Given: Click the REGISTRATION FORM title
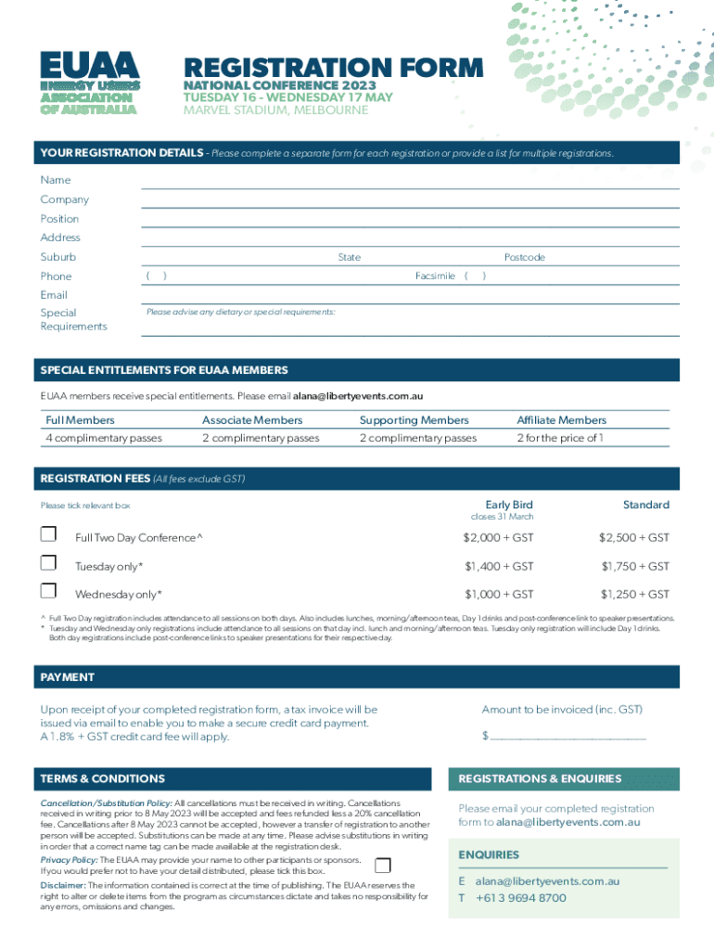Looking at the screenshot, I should pos(333,68).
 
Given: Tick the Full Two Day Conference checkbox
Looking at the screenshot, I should pos(48,534).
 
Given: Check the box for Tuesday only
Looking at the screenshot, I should pos(48,563).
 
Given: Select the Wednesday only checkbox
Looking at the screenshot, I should pos(48,591).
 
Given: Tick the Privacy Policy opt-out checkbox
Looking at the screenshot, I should pos(382,866).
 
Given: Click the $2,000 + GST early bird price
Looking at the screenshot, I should pos(498,538).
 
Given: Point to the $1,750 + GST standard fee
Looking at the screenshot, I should pos(634,566).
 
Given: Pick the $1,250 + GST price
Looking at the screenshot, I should pos(634,595).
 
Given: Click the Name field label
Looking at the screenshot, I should pos(56,180).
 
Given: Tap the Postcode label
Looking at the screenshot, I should pos(524,257).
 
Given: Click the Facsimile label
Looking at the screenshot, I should pos(435,276).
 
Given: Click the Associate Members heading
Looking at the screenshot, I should pos(252,420).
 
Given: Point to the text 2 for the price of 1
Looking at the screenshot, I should pos(560,438).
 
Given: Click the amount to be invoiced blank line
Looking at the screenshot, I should pos(567,737).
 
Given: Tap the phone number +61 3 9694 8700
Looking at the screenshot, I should pos(520,898).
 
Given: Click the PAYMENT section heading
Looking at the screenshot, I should pos(68,677).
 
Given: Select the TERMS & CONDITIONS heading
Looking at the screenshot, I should pos(102,778).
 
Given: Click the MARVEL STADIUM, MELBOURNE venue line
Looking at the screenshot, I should pos(275,110).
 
